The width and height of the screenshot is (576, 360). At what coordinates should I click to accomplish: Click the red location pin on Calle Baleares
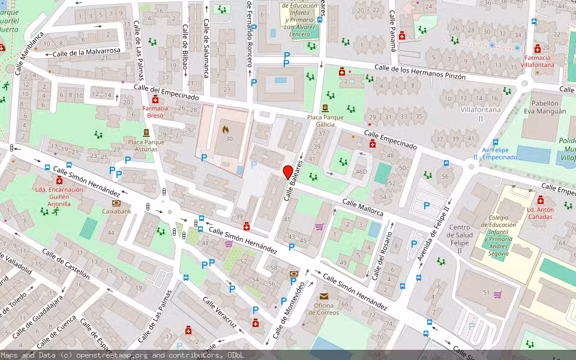coord(287,172)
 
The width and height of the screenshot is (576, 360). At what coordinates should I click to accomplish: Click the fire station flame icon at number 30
coord(226,129)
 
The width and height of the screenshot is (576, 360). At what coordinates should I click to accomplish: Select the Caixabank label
coord(116,211)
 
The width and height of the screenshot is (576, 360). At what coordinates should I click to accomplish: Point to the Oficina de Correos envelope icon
coord(324,296)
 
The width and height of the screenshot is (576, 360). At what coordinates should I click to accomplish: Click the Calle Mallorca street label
coord(362,207)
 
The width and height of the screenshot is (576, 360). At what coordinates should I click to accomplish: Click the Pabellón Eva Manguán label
coord(545,107)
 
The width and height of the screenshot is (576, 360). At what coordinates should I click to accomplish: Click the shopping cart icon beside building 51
coord(497,294)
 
